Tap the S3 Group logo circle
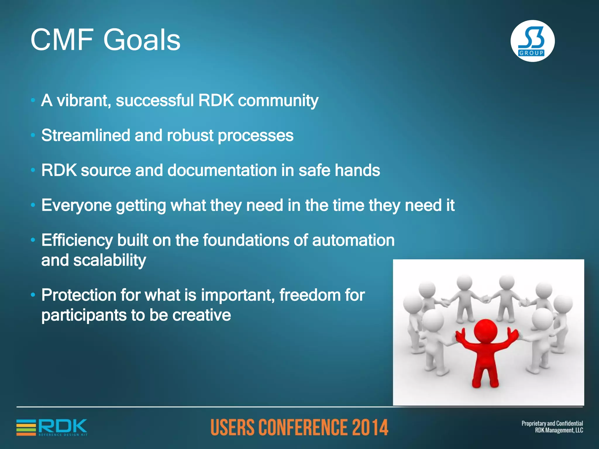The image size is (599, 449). (x=532, y=41)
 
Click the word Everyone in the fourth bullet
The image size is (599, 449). (x=76, y=205)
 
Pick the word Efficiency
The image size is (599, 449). (x=77, y=240)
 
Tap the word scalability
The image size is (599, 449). (x=109, y=260)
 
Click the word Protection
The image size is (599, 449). (x=78, y=295)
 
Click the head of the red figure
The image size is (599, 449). (x=486, y=330)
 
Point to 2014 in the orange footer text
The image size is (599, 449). (x=370, y=427)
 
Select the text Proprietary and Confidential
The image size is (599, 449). (x=552, y=423)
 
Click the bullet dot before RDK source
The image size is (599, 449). (x=33, y=170)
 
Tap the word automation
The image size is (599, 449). (x=353, y=240)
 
